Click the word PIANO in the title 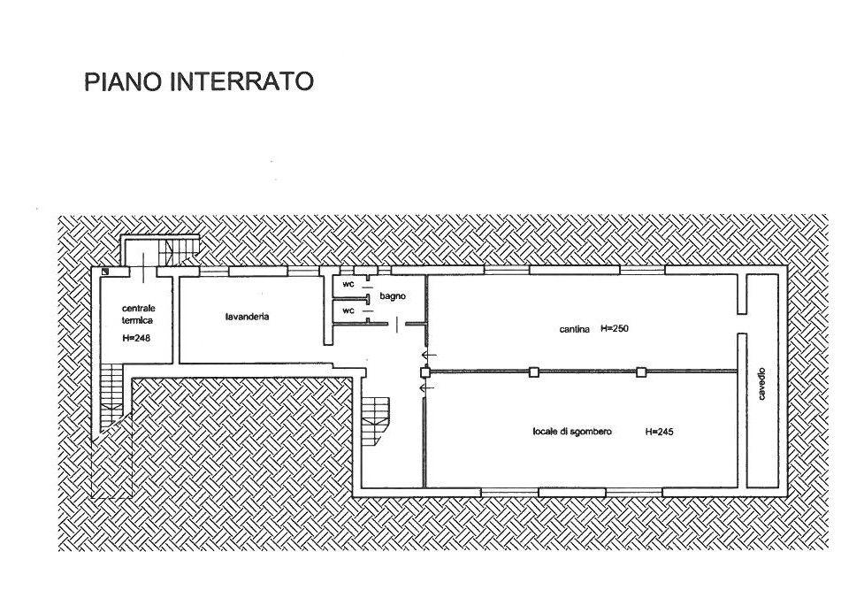pyautogui.click(x=122, y=81)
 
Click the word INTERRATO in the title pyautogui.click(x=241, y=81)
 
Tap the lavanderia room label pyautogui.click(x=247, y=317)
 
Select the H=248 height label pyautogui.click(x=135, y=339)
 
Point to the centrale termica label pyautogui.click(x=138, y=314)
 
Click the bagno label pyautogui.click(x=393, y=296)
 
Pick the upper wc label pyautogui.click(x=348, y=284)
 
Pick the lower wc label pyautogui.click(x=348, y=310)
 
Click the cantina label pyautogui.click(x=575, y=329)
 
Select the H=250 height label pyautogui.click(x=614, y=328)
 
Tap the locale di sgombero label pyautogui.click(x=572, y=432)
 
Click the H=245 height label pyautogui.click(x=659, y=432)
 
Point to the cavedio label pyautogui.click(x=762, y=384)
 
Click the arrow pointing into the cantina pyautogui.click(x=429, y=355)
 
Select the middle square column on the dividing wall pyautogui.click(x=533, y=372)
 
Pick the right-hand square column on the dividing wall pyautogui.click(x=641, y=372)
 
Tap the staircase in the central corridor pyautogui.click(x=376, y=419)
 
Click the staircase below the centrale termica pyautogui.click(x=112, y=395)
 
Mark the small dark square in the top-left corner pyautogui.click(x=105, y=272)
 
